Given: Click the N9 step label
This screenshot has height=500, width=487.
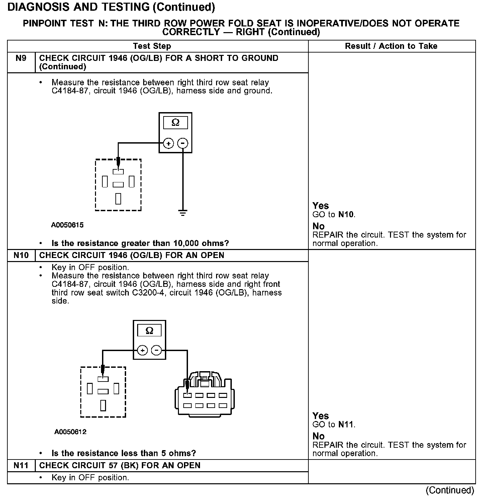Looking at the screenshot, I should click(21, 58).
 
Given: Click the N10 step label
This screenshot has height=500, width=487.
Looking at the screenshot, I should click(21, 255).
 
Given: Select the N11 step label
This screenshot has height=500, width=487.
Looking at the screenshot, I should click(21, 466).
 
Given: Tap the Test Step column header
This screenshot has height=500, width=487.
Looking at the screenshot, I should click(152, 46).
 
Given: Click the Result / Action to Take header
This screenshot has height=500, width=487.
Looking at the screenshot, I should click(391, 46).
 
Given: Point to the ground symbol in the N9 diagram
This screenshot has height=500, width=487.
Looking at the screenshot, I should click(183, 213).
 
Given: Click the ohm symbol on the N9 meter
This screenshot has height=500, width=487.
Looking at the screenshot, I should click(175, 123).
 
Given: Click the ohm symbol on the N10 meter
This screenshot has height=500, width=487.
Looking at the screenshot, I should click(150, 331).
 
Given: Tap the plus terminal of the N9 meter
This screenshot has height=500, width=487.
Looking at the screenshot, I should click(168, 144).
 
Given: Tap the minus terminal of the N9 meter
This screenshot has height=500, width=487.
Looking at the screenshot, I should click(183, 144).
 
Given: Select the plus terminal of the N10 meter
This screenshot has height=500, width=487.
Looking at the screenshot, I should click(142, 350).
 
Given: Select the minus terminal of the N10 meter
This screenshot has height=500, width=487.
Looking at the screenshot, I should click(157, 350).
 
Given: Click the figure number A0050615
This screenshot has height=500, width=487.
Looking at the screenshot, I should click(67, 225).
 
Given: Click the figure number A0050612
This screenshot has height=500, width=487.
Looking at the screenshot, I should click(70, 432).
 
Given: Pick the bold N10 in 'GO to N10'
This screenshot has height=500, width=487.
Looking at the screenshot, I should click(346, 215).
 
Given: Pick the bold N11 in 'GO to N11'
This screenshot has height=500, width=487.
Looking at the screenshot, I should click(346, 425).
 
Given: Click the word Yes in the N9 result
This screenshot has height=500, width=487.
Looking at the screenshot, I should click(320, 205).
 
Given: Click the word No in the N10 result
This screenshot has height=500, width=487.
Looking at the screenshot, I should click(318, 436).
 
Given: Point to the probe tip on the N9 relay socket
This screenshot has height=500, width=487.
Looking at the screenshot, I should click(118, 165).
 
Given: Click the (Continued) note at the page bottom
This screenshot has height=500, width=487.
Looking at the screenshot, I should click(450, 490).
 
